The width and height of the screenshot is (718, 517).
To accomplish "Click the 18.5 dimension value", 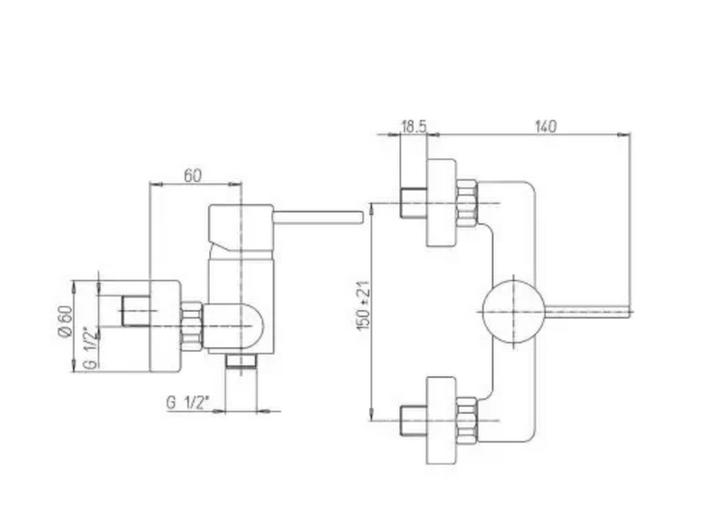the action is [x=414, y=127].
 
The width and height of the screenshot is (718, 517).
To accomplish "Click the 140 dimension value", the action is [x=546, y=127].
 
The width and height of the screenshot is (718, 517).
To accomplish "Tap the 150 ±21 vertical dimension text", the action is [x=363, y=305].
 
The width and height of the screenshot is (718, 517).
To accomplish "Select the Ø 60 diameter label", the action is [x=66, y=321].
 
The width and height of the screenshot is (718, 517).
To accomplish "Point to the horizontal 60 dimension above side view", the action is [x=192, y=175].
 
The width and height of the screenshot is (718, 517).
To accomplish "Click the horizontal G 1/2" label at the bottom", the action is [x=188, y=402].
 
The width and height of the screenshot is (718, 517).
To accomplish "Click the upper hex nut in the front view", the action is [x=467, y=204].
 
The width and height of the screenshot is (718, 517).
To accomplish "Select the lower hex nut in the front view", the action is [x=467, y=420].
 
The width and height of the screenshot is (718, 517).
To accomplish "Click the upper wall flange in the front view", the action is [x=442, y=203].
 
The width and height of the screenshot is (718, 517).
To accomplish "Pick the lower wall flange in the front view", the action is [x=442, y=420].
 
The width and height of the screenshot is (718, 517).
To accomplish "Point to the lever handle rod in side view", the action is [x=318, y=217].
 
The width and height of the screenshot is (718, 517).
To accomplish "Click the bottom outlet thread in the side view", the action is [x=241, y=361].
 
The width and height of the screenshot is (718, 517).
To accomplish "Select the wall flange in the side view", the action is [x=165, y=326].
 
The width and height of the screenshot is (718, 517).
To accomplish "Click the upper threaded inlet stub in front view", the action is [x=414, y=203].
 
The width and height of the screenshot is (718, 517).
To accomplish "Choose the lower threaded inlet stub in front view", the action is [x=414, y=420].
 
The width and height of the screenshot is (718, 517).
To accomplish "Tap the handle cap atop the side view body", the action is [x=241, y=228].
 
